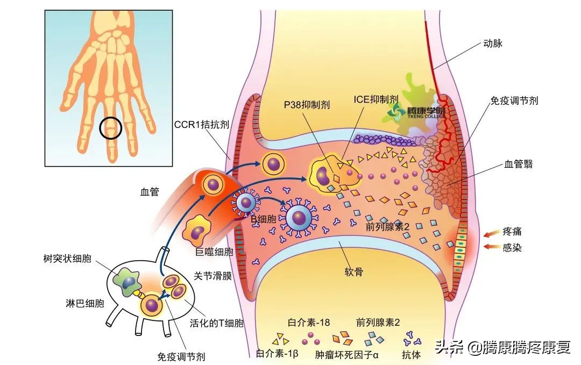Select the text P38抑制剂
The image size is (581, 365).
coord(306,105)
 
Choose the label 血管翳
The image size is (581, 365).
coord(519,164)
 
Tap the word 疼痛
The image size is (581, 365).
coord(512,232)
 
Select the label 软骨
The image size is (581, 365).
coord(353,272)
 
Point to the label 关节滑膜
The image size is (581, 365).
coord(212,276)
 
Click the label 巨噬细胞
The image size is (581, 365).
coord(214,251)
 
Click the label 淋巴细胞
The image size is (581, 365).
coord(82,303)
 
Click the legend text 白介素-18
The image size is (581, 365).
coord(309,323)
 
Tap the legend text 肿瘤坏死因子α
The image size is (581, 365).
coord(347,355)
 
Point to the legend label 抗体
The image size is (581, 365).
coord(412,355)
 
